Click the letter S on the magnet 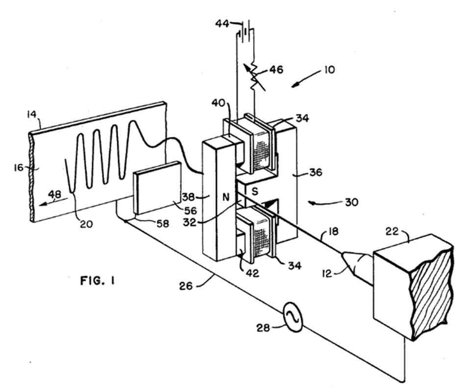255,191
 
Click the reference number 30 351,202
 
